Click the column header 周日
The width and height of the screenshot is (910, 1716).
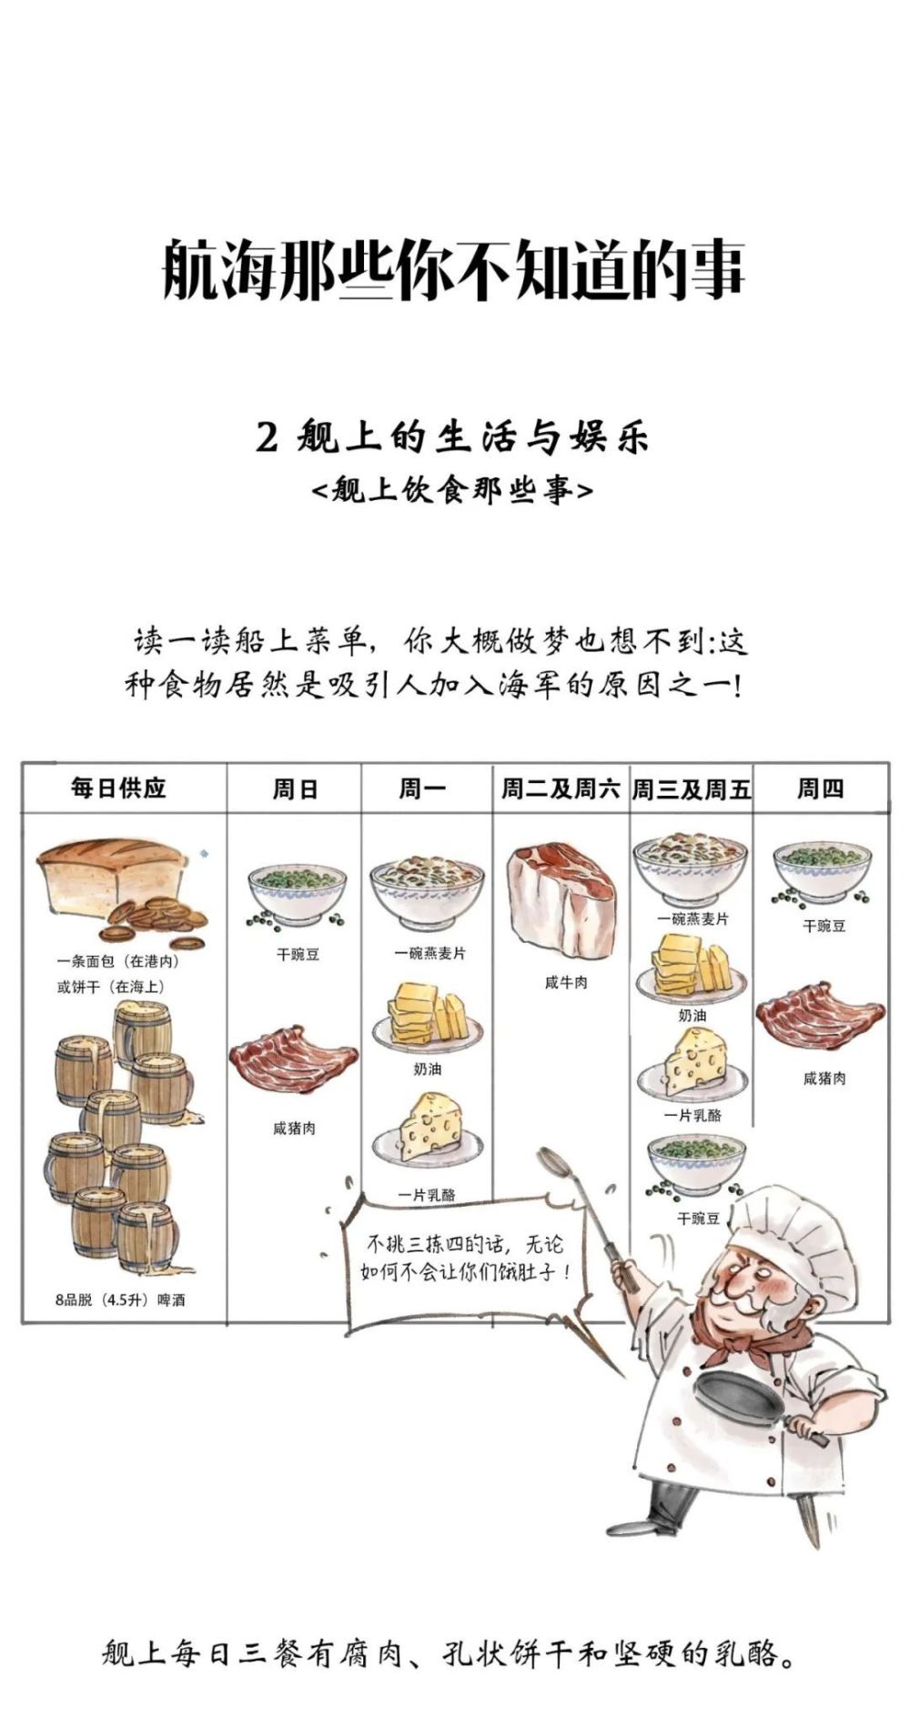[294, 788]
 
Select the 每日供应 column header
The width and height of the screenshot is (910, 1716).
[119, 788]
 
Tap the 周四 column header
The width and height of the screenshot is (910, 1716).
[820, 788]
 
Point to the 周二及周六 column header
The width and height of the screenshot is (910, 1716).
[560, 788]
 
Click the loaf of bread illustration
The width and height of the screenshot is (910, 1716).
[111, 877]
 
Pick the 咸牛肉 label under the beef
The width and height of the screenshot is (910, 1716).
[566, 982]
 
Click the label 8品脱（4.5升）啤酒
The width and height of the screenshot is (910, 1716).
[120, 1300]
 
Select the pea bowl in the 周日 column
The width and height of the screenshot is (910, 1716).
[297, 896]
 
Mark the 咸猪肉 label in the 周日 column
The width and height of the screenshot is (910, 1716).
[294, 1129]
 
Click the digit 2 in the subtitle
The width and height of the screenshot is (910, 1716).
[266, 438]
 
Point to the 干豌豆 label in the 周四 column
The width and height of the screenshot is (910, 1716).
[824, 926]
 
